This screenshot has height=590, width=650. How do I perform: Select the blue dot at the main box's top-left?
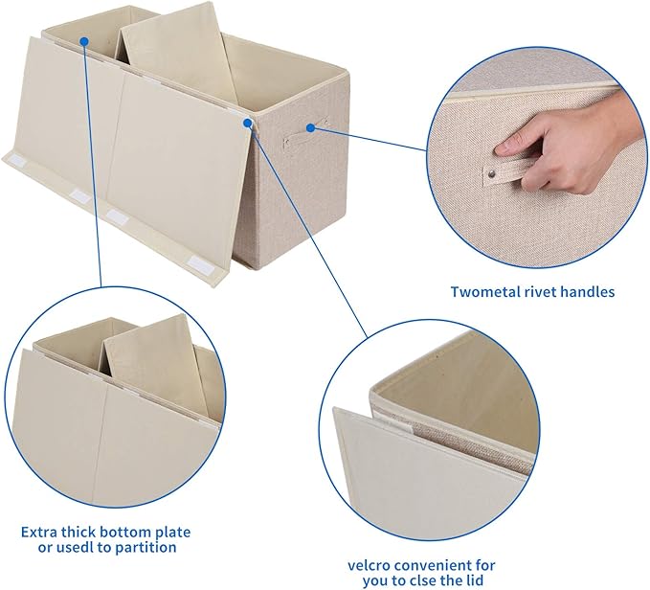84,41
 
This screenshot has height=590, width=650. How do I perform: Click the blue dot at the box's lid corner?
250,124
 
